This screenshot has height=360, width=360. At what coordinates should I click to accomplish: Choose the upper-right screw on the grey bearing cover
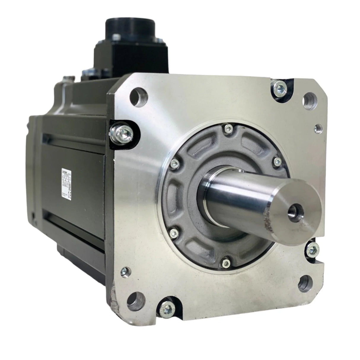tap(278, 160)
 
